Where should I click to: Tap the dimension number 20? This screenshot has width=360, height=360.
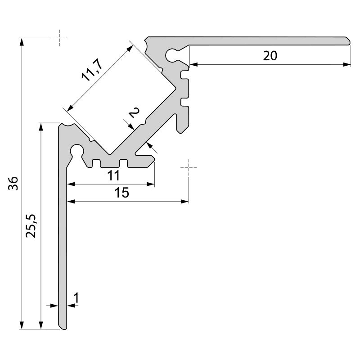270,56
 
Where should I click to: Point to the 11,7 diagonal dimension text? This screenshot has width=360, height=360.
92,70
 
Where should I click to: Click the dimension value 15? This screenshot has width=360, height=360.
122,193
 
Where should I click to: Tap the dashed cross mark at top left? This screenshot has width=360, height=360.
59,38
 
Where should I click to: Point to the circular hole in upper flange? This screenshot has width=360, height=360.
172,54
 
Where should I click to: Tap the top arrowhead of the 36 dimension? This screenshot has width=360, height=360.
22,42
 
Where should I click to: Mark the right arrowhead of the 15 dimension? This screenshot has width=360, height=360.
185,202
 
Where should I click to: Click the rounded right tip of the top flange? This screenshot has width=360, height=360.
349,40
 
